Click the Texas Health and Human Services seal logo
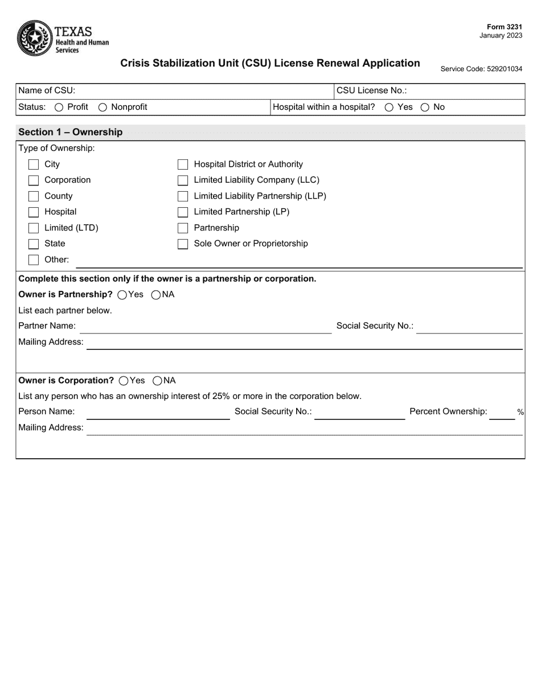pyautogui.click(x=35, y=38)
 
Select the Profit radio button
pyautogui.click(x=59, y=108)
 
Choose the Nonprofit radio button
pyautogui.click(x=103, y=108)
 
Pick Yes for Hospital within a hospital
pyautogui.click(x=389, y=108)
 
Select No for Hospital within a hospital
pyautogui.click(x=425, y=108)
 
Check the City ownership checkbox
pyautogui.click(x=34, y=164)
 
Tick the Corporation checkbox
pyautogui.click(x=34, y=180)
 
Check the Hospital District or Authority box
pyautogui.click(x=183, y=164)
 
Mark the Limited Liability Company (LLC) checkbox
pyautogui.click(x=183, y=180)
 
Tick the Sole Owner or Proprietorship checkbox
pyautogui.click(x=183, y=244)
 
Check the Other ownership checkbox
pyautogui.click(x=34, y=260)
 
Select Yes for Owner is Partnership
pyautogui.click(x=122, y=295)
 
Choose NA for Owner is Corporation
pyautogui.click(x=157, y=381)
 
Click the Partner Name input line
pyautogui.click(x=205, y=327)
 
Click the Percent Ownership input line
pyautogui.click(x=502, y=413)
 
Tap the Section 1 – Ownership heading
pyautogui.click(x=71, y=132)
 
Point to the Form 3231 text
pyautogui.click(x=504, y=27)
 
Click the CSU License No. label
pyautogui.click(x=371, y=90)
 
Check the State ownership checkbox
pyautogui.click(x=34, y=244)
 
